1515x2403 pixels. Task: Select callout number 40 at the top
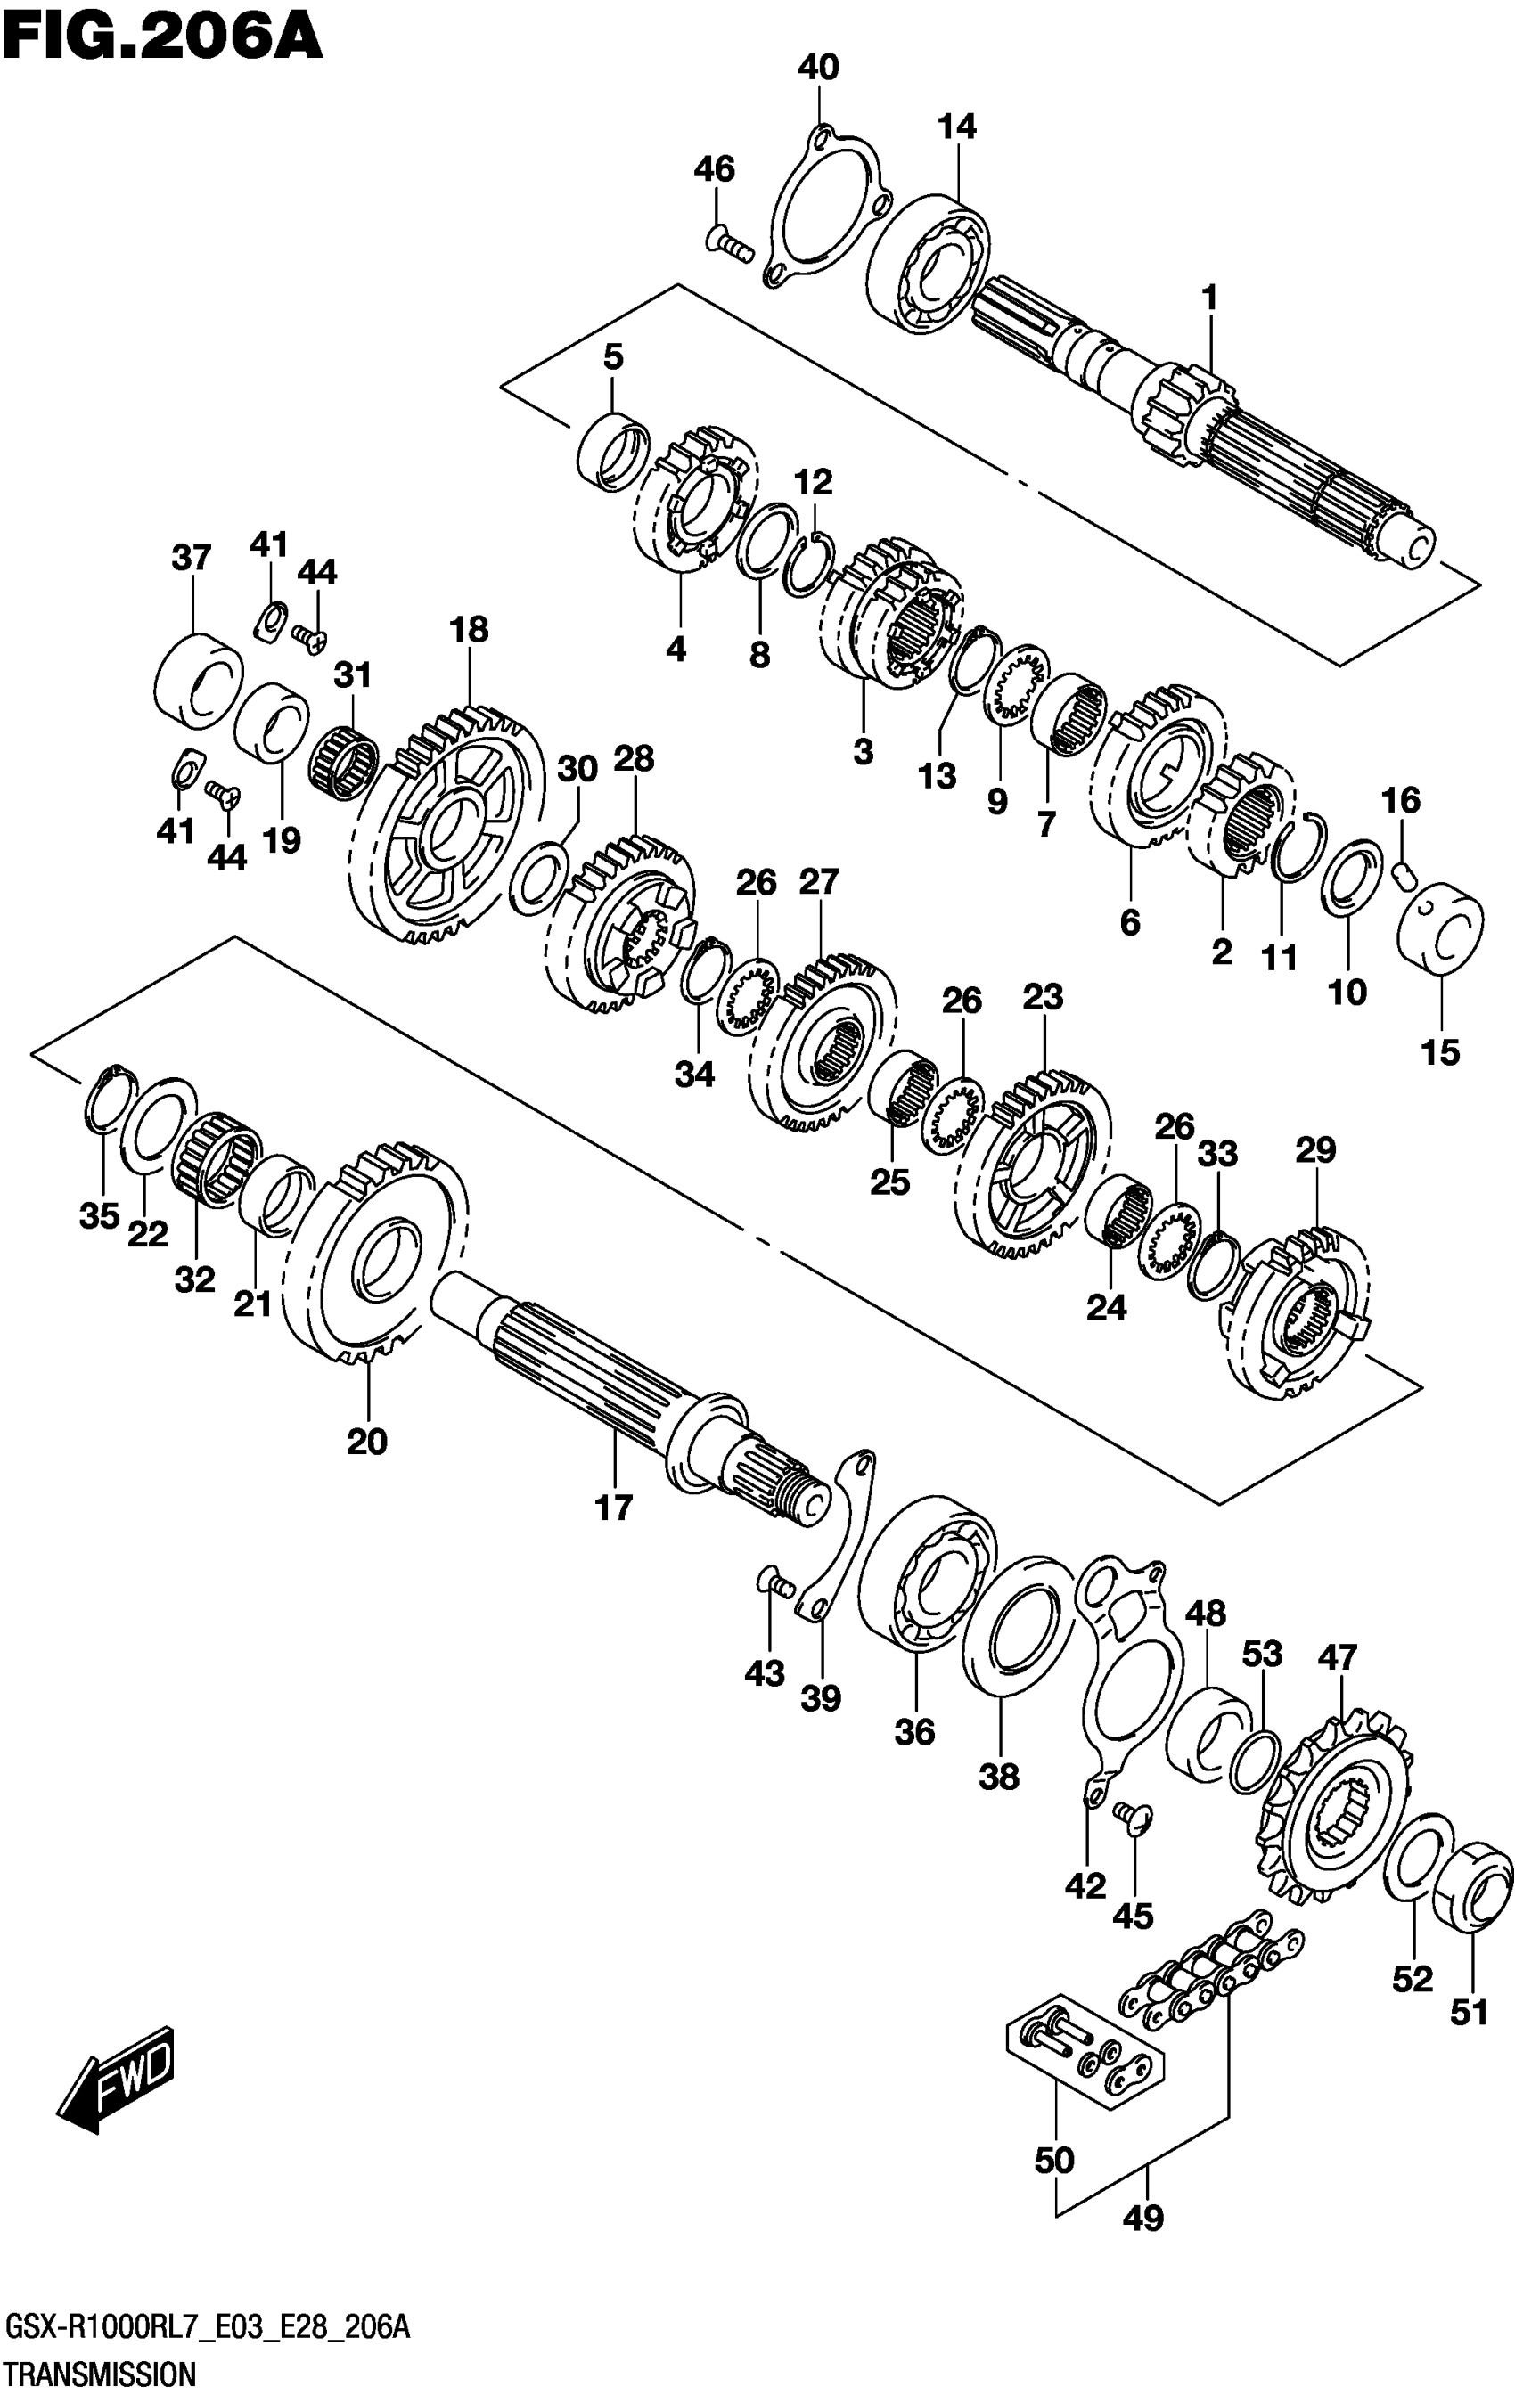[818, 69]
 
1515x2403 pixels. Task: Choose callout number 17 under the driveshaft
[615, 1507]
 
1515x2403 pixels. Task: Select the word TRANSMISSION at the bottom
[101, 2373]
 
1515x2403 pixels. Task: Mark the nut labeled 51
[1471, 1887]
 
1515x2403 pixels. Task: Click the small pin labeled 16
[1404, 875]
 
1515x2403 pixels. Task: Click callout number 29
[1315, 1150]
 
